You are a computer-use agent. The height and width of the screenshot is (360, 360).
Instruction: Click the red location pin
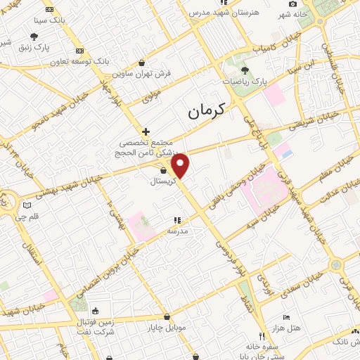click(x=181, y=165)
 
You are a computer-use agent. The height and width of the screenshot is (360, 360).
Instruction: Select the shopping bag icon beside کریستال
click(x=163, y=170)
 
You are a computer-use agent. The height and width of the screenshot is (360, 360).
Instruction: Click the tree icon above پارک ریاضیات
click(x=245, y=70)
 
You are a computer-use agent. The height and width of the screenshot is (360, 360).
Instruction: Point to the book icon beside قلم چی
click(x=27, y=205)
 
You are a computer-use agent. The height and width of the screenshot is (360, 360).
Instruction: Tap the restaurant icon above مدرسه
click(x=177, y=220)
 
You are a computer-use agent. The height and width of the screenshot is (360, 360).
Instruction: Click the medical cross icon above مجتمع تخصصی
click(x=146, y=131)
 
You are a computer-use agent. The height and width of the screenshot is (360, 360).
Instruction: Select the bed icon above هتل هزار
click(x=285, y=318)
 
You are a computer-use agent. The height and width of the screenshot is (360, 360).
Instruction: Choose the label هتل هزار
click(x=286, y=329)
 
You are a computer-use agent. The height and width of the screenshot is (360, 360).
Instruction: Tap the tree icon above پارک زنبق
click(x=34, y=36)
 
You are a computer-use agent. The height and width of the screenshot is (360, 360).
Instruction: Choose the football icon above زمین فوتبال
click(x=95, y=311)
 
